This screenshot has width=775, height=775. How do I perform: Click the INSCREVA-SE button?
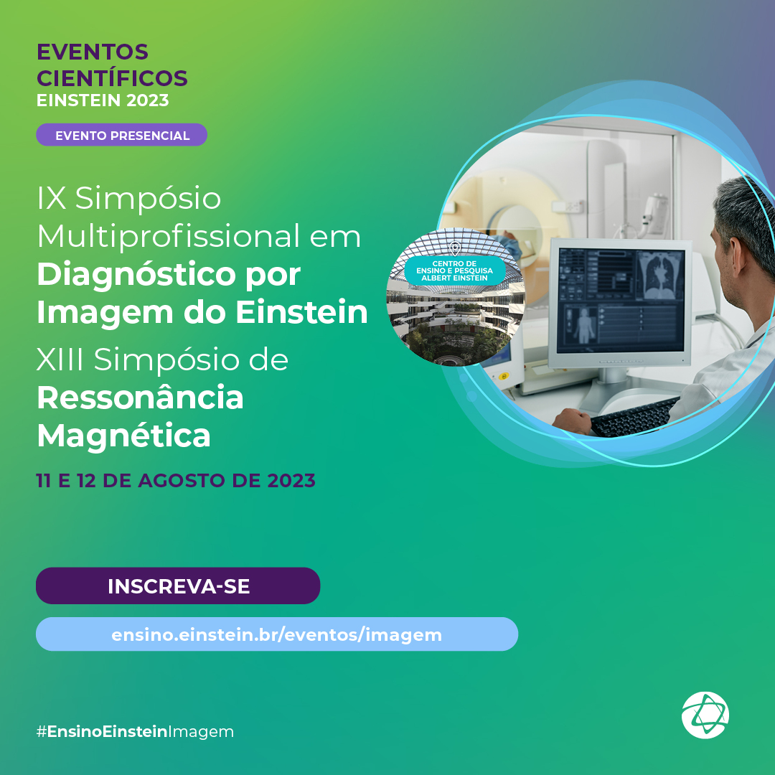click(x=178, y=586)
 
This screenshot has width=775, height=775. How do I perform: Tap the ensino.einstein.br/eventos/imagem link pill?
click(x=277, y=634)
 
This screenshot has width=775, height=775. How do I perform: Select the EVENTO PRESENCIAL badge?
click(x=121, y=135)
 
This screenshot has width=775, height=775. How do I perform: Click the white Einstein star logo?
click(x=705, y=715)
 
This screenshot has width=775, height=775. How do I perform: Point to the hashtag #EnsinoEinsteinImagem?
click(x=135, y=731)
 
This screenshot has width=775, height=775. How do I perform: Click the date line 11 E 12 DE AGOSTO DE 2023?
click(x=176, y=480)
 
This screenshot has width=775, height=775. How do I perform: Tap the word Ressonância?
click(x=141, y=398)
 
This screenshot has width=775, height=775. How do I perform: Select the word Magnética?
click(x=124, y=436)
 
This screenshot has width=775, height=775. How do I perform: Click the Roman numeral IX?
click(x=52, y=198)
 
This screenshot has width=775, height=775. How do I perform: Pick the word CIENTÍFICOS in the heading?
click(x=112, y=78)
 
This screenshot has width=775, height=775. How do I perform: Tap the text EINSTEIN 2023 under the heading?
click(x=103, y=100)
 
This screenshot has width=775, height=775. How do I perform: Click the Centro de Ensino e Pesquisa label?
click(x=455, y=271)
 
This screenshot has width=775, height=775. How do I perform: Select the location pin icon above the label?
click(x=455, y=248)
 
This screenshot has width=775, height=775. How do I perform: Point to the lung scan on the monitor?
click(x=660, y=276)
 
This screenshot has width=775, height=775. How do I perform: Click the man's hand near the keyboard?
click(x=573, y=421)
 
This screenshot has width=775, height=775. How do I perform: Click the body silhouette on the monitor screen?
click(x=583, y=326)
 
